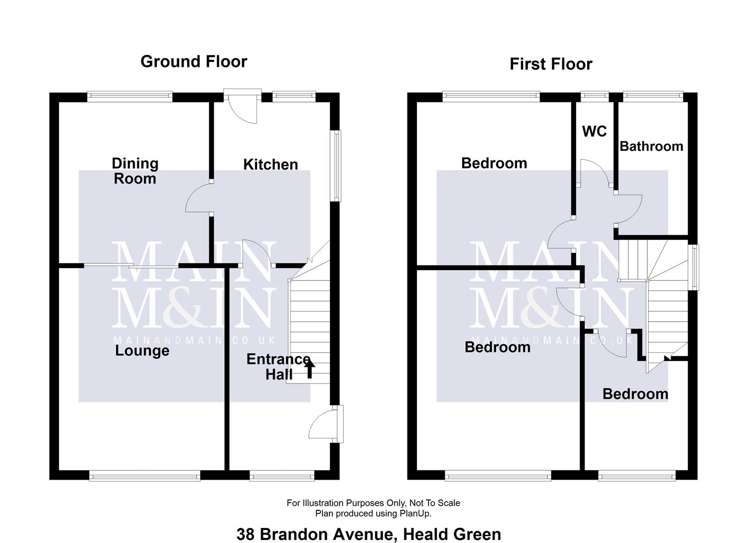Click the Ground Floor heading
[194, 61]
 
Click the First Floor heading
[551, 64]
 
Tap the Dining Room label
[135, 171]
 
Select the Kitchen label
[271, 164]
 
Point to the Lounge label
[142, 350]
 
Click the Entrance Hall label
[278, 367]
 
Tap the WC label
[594, 131]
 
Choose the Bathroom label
[651, 146]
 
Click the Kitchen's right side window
[336, 166]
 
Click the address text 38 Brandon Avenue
[368, 534]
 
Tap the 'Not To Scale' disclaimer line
[373, 503]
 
